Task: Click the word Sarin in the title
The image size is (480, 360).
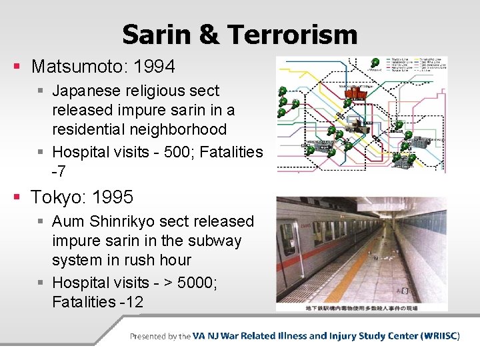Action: point(159,35)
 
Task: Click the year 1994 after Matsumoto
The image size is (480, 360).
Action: point(154,67)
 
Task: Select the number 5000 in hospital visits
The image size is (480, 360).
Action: point(201,282)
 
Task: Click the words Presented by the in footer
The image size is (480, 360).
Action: point(160,336)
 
